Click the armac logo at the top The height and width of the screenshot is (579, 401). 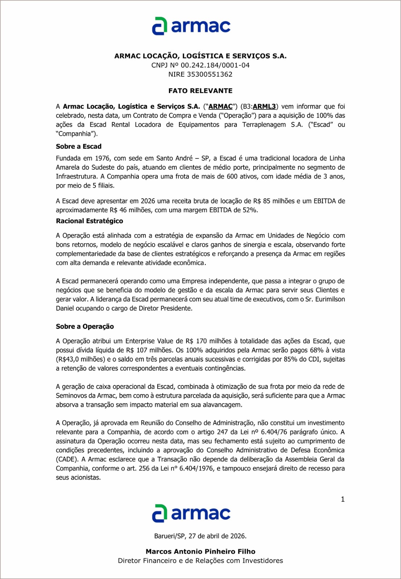coord(191,26)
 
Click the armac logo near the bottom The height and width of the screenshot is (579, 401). coord(191,513)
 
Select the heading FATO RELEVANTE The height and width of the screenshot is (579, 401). coord(200,91)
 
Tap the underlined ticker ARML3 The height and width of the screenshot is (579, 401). coord(264,107)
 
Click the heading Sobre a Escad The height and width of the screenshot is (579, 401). coord(78,147)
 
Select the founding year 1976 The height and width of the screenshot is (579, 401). coord(102,159)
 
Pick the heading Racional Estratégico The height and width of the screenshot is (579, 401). coord(89,221)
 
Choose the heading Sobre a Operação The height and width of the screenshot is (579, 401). coord(85,326)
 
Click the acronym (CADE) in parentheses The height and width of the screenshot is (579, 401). coord(67,460)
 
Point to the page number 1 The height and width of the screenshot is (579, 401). coord(342,499)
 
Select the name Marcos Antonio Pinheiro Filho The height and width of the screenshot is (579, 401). coord(200,551)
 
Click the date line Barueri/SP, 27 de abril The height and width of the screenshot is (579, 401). coord(200,536)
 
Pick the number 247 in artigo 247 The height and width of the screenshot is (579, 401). coord(222,432)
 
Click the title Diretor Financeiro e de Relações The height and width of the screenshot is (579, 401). coord(200,561)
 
